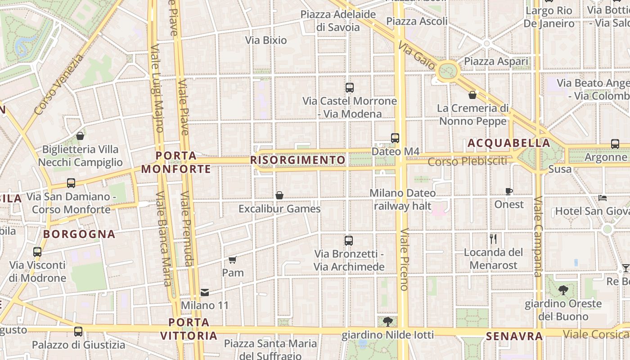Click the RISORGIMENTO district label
[x=298, y=160]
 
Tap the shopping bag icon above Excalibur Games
[x=279, y=195]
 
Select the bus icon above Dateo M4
[x=395, y=138]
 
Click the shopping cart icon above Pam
[x=233, y=260]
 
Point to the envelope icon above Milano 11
[x=205, y=292]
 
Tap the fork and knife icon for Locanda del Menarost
[x=493, y=239]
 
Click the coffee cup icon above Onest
[x=509, y=191]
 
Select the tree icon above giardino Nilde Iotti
[x=387, y=322]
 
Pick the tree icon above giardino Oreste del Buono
[x=563, y=290]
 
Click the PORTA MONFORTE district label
[x=176, y=162]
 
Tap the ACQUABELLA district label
[x=508, y=144]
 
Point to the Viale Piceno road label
[x=404, y=259]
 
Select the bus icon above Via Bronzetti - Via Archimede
[x=349, y=241]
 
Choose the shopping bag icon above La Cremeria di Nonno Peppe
[x=472, y=95]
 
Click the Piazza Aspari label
[x=496, y=61]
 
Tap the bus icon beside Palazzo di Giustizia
[x=78, y=332]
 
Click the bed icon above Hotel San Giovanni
[x=603, y=198]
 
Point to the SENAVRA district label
[x=514, y=336]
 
